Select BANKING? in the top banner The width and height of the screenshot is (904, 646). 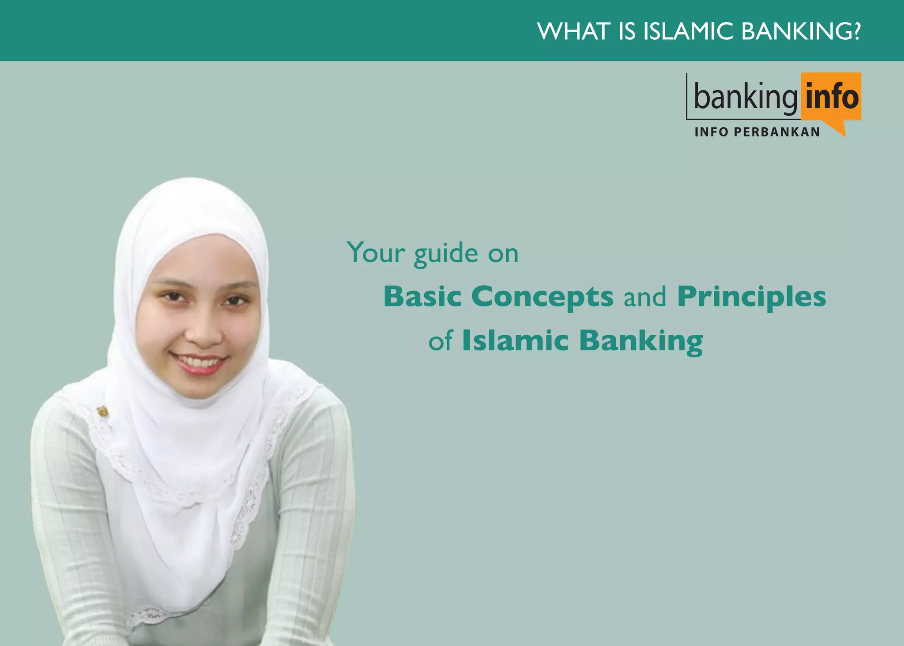point(801,31)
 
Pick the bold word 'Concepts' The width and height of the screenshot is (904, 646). point(542,297)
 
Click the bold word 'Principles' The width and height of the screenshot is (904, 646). point(751,297)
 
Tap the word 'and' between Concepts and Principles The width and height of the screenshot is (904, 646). point(645,297)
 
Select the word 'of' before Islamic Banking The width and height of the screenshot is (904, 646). point(441,341)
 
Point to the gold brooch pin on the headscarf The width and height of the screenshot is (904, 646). point(102,412)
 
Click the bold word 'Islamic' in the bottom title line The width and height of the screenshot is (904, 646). point(515,341)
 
